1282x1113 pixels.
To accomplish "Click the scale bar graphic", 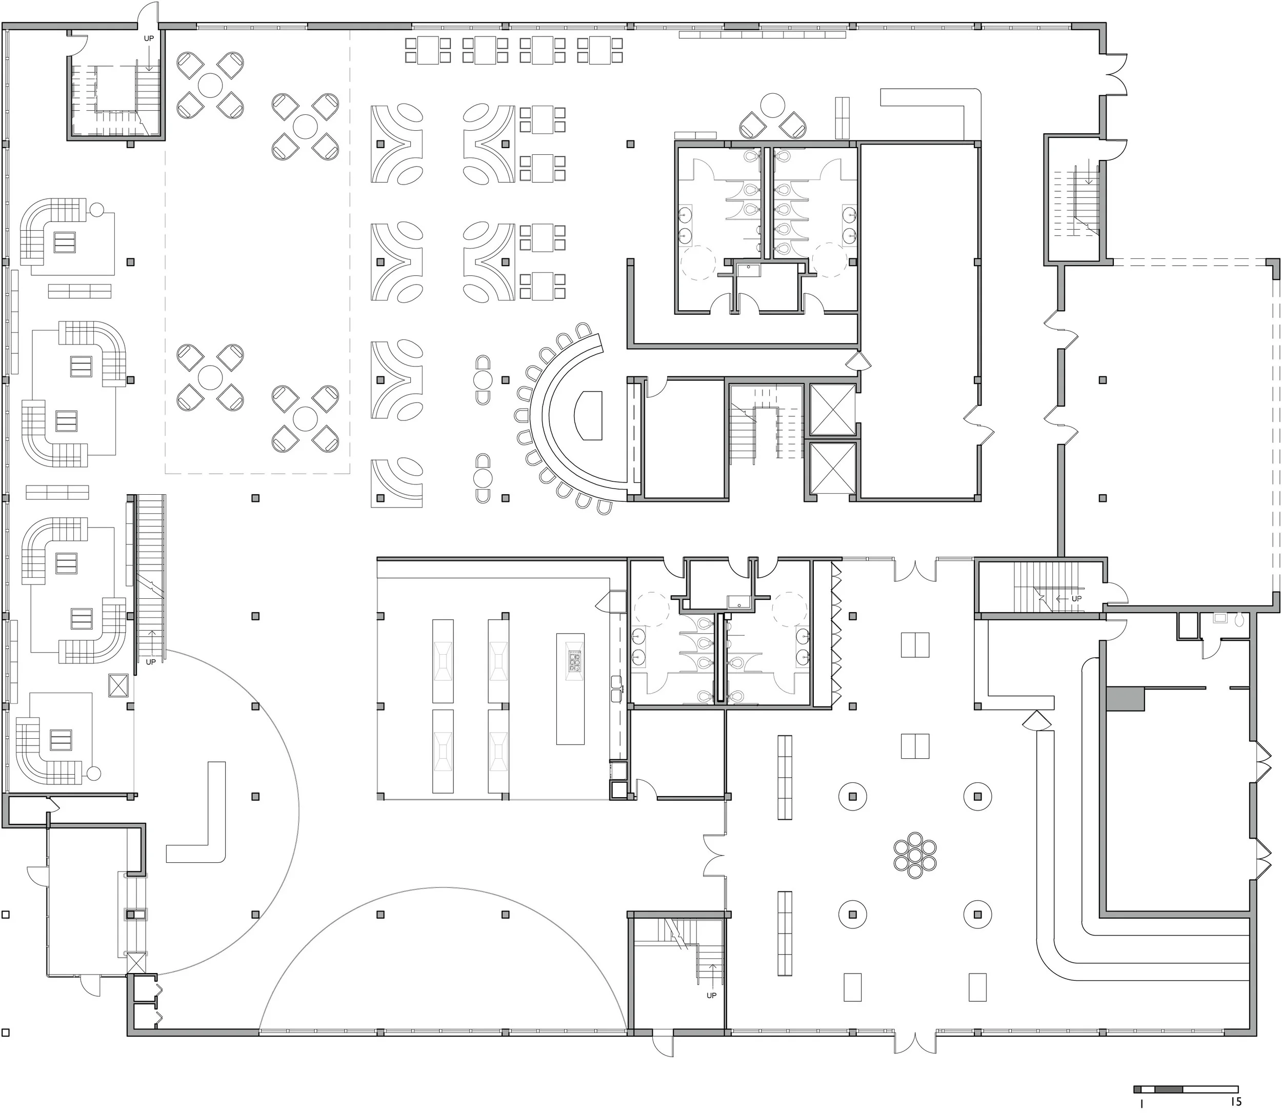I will pos(1185,1089).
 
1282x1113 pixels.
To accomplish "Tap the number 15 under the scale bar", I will pos(1235,1102).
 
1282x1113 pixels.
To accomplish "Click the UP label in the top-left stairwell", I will pos(149,38).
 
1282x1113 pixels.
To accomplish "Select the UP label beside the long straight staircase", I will pos(151,662).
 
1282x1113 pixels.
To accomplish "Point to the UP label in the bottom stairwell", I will pos(711,995).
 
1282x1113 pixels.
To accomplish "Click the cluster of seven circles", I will pos(915,855).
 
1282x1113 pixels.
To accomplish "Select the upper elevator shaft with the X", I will pos(833,409).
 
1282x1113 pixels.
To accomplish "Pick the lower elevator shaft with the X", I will pos(833,468).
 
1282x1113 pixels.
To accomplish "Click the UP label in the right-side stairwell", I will pos(1076,599).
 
